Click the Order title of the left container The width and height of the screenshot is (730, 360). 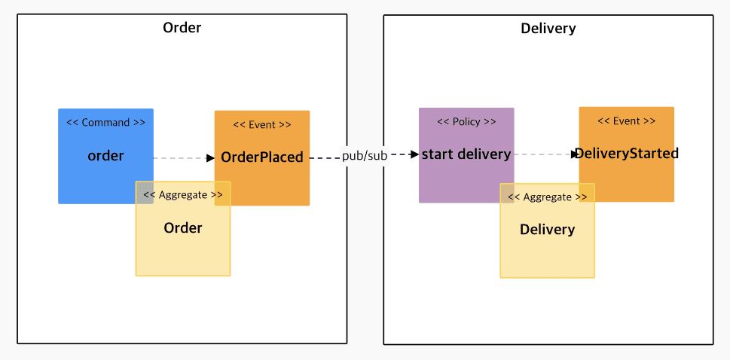coord(182,27)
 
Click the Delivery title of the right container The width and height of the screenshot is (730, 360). coord(548,29)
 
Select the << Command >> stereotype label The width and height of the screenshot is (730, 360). coord(105,123)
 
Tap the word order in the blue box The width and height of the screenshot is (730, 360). coord(105,156)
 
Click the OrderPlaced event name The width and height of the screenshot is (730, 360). coord(262,157)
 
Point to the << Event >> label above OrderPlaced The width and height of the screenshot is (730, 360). coord(262,124)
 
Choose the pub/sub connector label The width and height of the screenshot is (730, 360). coord(365,156)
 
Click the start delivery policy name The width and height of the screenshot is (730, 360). coord(466,154)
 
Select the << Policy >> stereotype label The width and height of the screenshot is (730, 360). coord(466,122)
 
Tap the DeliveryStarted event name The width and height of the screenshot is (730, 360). coord(627,153)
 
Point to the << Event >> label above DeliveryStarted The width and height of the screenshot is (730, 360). coord(627,121)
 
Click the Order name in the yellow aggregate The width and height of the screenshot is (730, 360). coord(183,228)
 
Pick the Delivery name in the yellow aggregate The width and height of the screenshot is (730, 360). coord(548,230)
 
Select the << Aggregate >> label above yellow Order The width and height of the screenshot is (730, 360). coord(183,194)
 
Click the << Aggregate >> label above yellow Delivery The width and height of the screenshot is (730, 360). coord(548,197)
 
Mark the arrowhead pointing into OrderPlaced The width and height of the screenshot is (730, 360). coord(210,158)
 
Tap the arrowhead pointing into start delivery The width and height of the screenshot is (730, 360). coord(414,154)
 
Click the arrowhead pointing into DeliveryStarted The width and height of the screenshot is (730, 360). coord(575,154)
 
